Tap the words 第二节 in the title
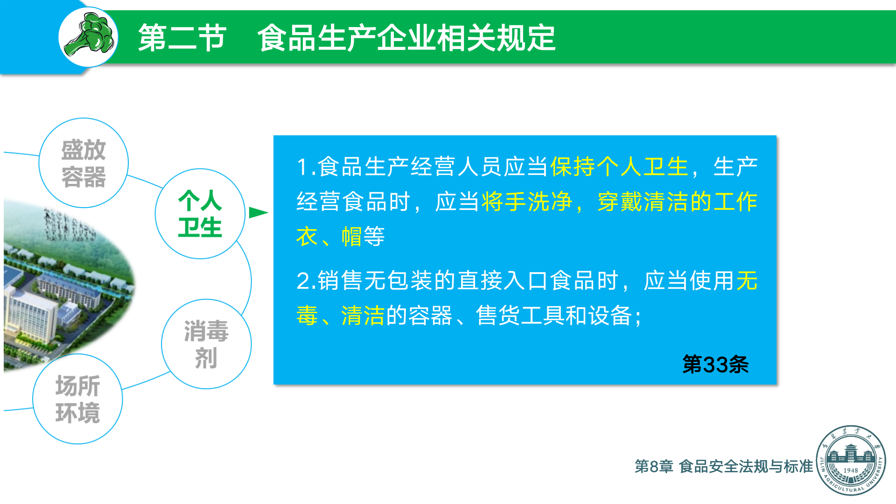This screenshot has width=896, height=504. tap(182, 38)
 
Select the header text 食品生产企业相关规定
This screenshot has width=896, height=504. tap(406, 38)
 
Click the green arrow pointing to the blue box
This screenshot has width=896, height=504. tap(258, 213)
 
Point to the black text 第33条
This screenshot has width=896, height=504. tap(715, 364)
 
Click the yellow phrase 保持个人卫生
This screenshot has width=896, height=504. tap(619, 167)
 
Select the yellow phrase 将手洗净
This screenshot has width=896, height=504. tap(527, 202)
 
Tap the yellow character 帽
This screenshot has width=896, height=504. tap(351, 236)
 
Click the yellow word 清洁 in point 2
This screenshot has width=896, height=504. tap(363, 315)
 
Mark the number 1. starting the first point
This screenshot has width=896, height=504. tap(306, 167)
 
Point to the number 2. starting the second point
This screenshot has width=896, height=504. tap(306, 281)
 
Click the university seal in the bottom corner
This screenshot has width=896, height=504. tap(851, 460)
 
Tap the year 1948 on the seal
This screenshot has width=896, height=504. tap(851, 470)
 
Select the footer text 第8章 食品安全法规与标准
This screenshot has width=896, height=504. tap(724, 466)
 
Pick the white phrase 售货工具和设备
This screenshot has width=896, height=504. tap(554, 315)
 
